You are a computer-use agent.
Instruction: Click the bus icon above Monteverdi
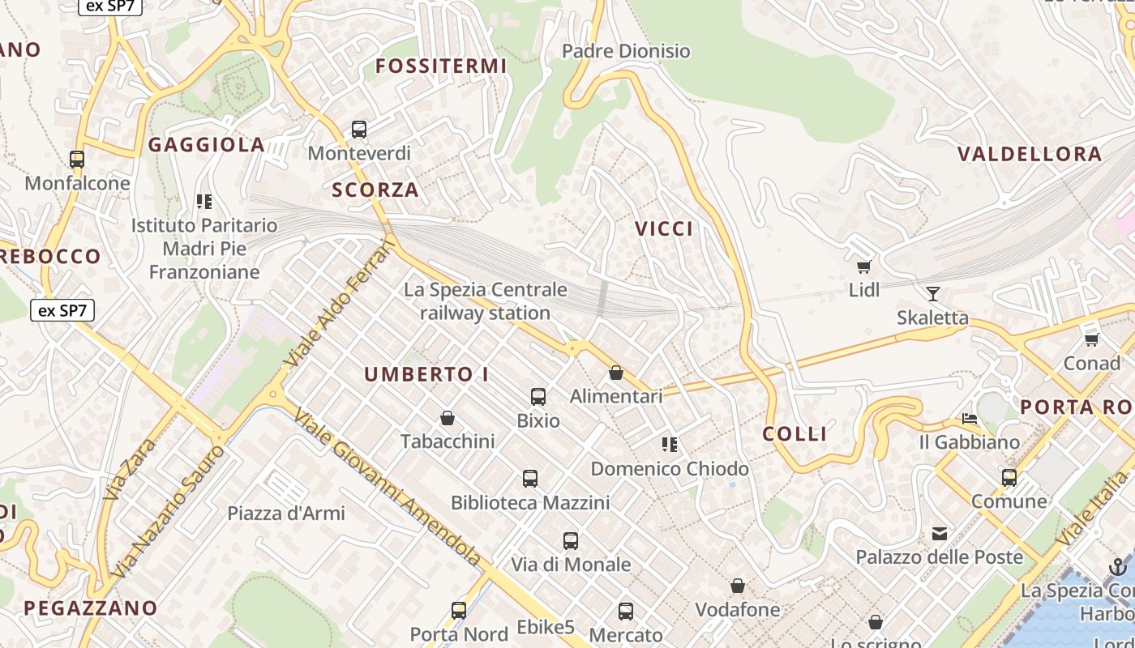[x=358, y=129]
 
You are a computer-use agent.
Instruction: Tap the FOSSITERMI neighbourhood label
[x=441, y=66]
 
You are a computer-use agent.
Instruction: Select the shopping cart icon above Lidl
[x=863, y=266]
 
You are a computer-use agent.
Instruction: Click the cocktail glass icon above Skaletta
[x=933, y=293]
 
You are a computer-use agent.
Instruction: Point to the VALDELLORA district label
[x=1030, y=154]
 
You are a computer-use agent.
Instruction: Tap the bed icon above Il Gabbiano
[x=969, y=419]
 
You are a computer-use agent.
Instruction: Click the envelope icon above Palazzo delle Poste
[x=940, y=534]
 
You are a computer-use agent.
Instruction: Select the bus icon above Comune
[x=1009, y=478]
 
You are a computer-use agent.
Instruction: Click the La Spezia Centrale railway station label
[x=486, y=301]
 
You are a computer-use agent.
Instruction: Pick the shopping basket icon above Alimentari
[x=616, y=373]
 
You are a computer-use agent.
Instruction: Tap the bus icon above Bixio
[x=538, y=397]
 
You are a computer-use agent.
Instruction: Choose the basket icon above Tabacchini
[x=447, y=418]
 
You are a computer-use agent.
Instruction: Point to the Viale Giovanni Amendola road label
[x=388, y=488]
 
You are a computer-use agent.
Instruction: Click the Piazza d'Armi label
[x=286, y=513]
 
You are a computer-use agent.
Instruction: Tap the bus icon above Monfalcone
[x=77, y=160]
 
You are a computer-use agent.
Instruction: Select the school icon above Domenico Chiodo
[x=670, y=444]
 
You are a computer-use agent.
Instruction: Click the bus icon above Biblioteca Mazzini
[x=530, y=479]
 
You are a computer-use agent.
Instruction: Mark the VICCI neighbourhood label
[x=664, y=229]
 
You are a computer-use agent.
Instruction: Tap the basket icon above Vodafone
[x=738, y=585]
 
